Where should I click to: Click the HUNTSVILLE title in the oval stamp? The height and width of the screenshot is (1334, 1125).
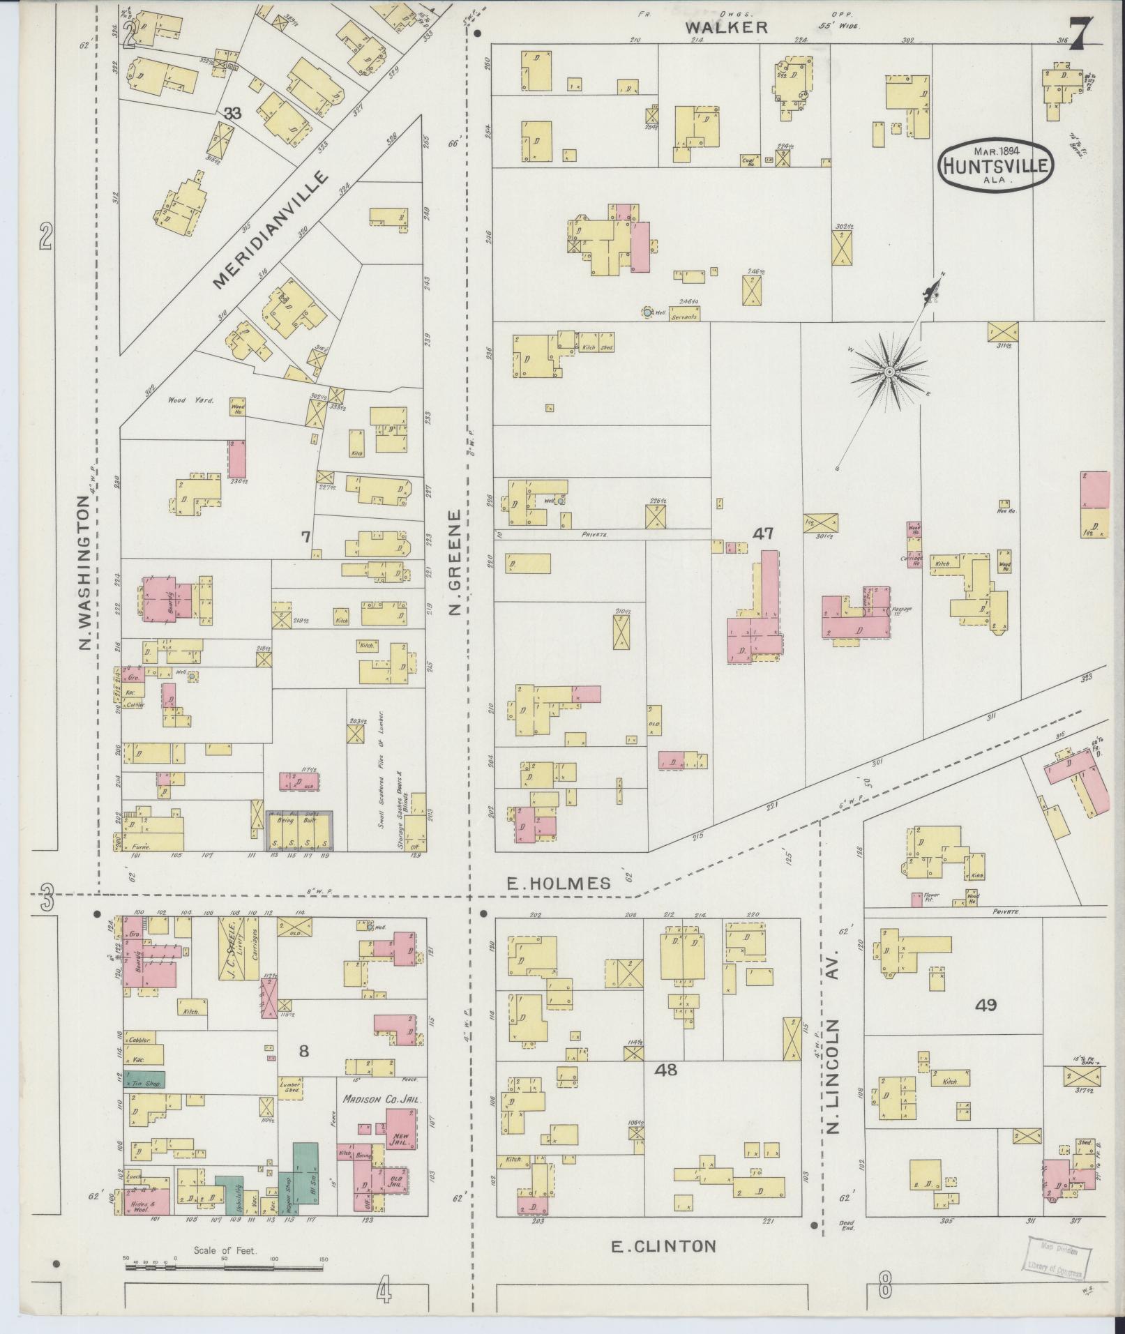[x=996, y=166]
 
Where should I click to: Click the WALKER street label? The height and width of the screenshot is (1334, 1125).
[x=726, y=27]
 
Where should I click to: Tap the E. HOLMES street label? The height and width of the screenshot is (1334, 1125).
[x=558, y=884]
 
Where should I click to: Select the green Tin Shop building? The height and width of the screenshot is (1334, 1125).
[x=144, y=1079]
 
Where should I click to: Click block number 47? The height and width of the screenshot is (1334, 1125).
[x=763, y=533]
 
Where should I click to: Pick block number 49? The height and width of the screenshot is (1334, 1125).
[x=986, y=1005]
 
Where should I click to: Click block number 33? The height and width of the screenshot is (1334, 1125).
[x=232, y=113]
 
